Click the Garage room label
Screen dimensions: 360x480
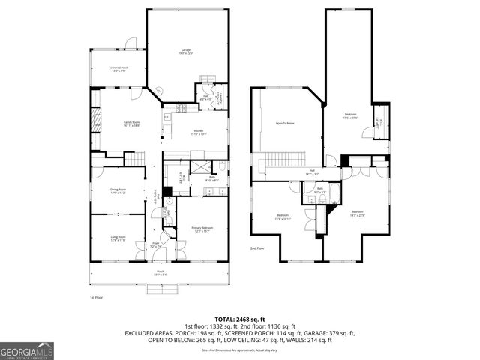pos(186,52)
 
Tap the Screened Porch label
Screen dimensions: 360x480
pos(118,69)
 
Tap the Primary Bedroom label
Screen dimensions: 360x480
pos(201,229)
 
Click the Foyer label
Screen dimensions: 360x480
pos(156,244)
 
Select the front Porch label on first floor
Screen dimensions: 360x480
pos(160,272)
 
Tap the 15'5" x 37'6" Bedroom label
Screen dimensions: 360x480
pos(351,116)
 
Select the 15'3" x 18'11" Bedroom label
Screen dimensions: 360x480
pos(282,217)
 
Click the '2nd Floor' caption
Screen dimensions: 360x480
pos(257,248)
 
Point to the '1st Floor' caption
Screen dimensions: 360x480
pos(95,298)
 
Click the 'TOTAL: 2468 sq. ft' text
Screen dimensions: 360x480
pos(240,319)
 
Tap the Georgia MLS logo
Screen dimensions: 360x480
pos(25,349)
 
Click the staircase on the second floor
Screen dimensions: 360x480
pos(284,159)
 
